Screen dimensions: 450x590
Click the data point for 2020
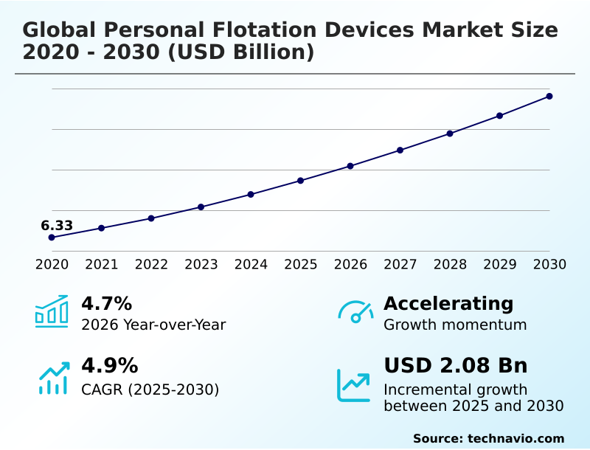pyautogui.click(x=52, y=238)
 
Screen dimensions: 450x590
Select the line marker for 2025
pyautogui.click(x=301, y=181)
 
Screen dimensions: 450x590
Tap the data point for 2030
pyautogui.click(x=549, y=96)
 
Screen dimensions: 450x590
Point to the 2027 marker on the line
pyautogui.click(x=400, y=150)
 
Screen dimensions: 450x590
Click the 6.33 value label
pyautogui.click(x=57, y=226)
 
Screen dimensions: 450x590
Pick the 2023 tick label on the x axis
pyautogui.click(x=201, y=264)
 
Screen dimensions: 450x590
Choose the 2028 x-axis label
pyautogui.click(x=450, y=264)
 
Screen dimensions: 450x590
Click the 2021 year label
pyautogui.click(x=102, y=264)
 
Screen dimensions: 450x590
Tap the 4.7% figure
pyautogui.click(x=106, y=303)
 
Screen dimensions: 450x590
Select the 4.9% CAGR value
pyautogui.click(x=109, y=366)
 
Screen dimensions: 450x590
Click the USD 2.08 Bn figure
pyautogui.click(x=456, y=366)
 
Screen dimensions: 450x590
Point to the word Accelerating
pyautogui.click(x=448, y=303)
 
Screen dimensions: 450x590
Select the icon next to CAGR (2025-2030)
pyautogui.click(x=53, y=378)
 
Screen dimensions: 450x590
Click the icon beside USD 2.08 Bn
pyautogui.click(x=354, y=385)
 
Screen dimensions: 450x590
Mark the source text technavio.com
pyautogui.click(x=516, y=438)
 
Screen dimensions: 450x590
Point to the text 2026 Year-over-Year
pyautogui.click(x=153, y=325)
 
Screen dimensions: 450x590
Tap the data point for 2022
pyautogui.click(x=151, y=218)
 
